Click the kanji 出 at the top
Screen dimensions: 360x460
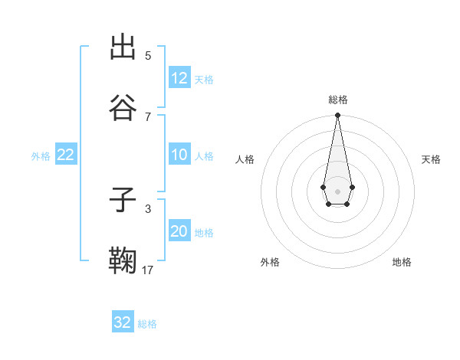tap(123, 47)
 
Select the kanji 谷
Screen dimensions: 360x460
tap(123, 108)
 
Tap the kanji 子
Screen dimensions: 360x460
tap(123, 201)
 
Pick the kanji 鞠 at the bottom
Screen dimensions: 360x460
tap(123, 261)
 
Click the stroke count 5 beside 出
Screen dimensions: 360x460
tap(148, 56)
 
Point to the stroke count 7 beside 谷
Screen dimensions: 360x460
tap(148, 116)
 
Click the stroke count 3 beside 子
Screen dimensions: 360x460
tap(148, 208)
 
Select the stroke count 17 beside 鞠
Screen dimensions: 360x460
tap(148, 270)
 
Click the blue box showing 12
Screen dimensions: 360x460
tap(179, 78)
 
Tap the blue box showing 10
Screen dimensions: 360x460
tap(179, 155)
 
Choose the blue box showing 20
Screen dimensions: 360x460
tap(179, 231)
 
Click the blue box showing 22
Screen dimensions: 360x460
tap(65, 155)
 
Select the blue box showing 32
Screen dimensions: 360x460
tap(123, 322)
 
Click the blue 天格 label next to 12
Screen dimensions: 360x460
tap(204, 79)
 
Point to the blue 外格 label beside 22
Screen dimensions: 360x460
tap(41, 155)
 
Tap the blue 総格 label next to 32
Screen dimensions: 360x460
tap(147, 323)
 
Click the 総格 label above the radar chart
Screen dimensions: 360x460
tap(338, 100)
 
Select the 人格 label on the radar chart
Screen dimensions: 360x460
tap(245, 159)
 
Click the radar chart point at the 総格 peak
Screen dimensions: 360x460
tap(337, 115)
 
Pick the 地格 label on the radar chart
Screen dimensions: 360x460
tap(402, 262)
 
